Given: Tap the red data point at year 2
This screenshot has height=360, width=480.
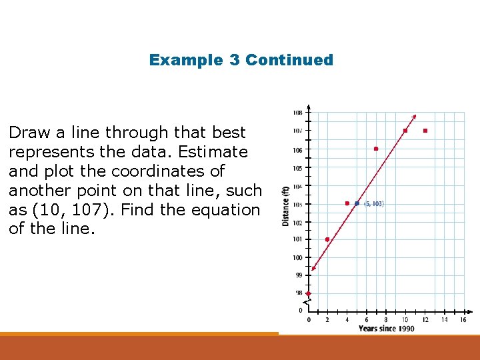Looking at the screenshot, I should coord(327,239).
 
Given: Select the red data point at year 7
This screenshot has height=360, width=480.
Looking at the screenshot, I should coord(376,149).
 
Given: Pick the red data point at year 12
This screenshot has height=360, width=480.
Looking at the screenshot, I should coord(425,131).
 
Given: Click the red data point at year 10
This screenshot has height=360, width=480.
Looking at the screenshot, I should coord(405,131).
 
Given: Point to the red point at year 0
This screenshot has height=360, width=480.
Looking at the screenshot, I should coord(308,293).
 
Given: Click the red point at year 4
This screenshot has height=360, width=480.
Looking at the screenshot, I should coord(347,203).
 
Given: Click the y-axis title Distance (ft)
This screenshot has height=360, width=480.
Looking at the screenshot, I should coord(285,205).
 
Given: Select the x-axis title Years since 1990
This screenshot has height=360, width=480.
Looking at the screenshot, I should coord(386,329).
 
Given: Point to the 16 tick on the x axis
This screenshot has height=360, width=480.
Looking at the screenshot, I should coord(463,320).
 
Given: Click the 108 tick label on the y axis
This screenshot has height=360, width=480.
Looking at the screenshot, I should coord(297,112).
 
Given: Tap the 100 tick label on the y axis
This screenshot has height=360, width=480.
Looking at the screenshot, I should coord(297,257).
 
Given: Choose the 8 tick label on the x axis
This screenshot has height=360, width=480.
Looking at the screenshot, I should coord(385,320).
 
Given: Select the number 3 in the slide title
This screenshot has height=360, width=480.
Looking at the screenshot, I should coord(235,60).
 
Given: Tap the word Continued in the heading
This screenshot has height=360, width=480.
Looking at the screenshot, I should coord(289,60).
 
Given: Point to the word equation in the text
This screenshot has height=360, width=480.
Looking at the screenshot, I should coord(225,210).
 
